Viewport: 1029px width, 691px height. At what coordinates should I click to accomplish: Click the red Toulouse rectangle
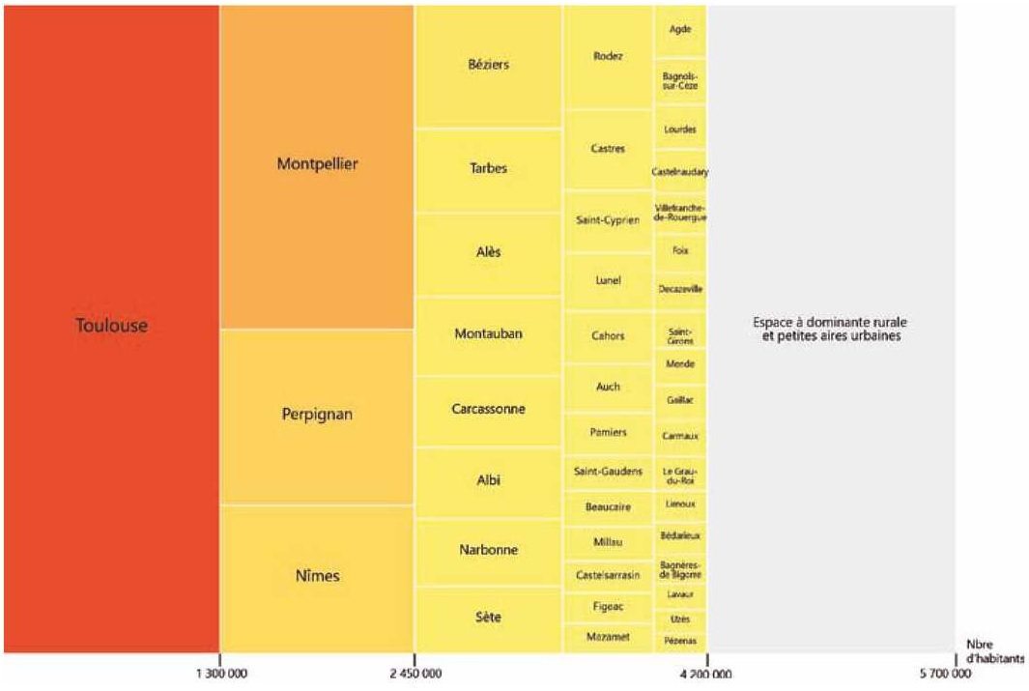[x=111, y=327]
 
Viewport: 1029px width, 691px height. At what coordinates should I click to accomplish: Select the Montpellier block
[x=317, y=165]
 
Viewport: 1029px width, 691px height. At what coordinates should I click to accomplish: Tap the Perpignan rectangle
[x=317, y=416]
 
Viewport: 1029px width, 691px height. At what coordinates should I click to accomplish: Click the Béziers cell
[x=488, y=66]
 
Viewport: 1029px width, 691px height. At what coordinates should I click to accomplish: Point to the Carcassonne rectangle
[x=488, y=410]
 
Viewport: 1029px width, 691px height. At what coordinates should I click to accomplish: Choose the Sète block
[x=488, y=617]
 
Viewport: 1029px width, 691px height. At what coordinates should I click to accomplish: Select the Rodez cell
[x=608, y=57]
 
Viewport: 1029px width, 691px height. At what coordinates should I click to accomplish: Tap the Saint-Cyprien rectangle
[x=608, y=221]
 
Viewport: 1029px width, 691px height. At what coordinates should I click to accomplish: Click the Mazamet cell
[x=608, y=638]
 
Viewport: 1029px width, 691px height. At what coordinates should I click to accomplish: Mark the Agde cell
[x=680, y=29]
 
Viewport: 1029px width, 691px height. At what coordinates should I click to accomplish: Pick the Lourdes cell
[x=680, y=130]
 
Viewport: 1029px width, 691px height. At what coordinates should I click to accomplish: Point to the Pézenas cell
[x=680, y=641]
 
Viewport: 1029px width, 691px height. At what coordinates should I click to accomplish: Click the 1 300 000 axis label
[x=221, y=674]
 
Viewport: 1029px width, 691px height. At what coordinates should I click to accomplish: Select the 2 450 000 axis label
[x=415, y=674]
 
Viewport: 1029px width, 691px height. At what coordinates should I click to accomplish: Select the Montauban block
[x=488, y=334]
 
